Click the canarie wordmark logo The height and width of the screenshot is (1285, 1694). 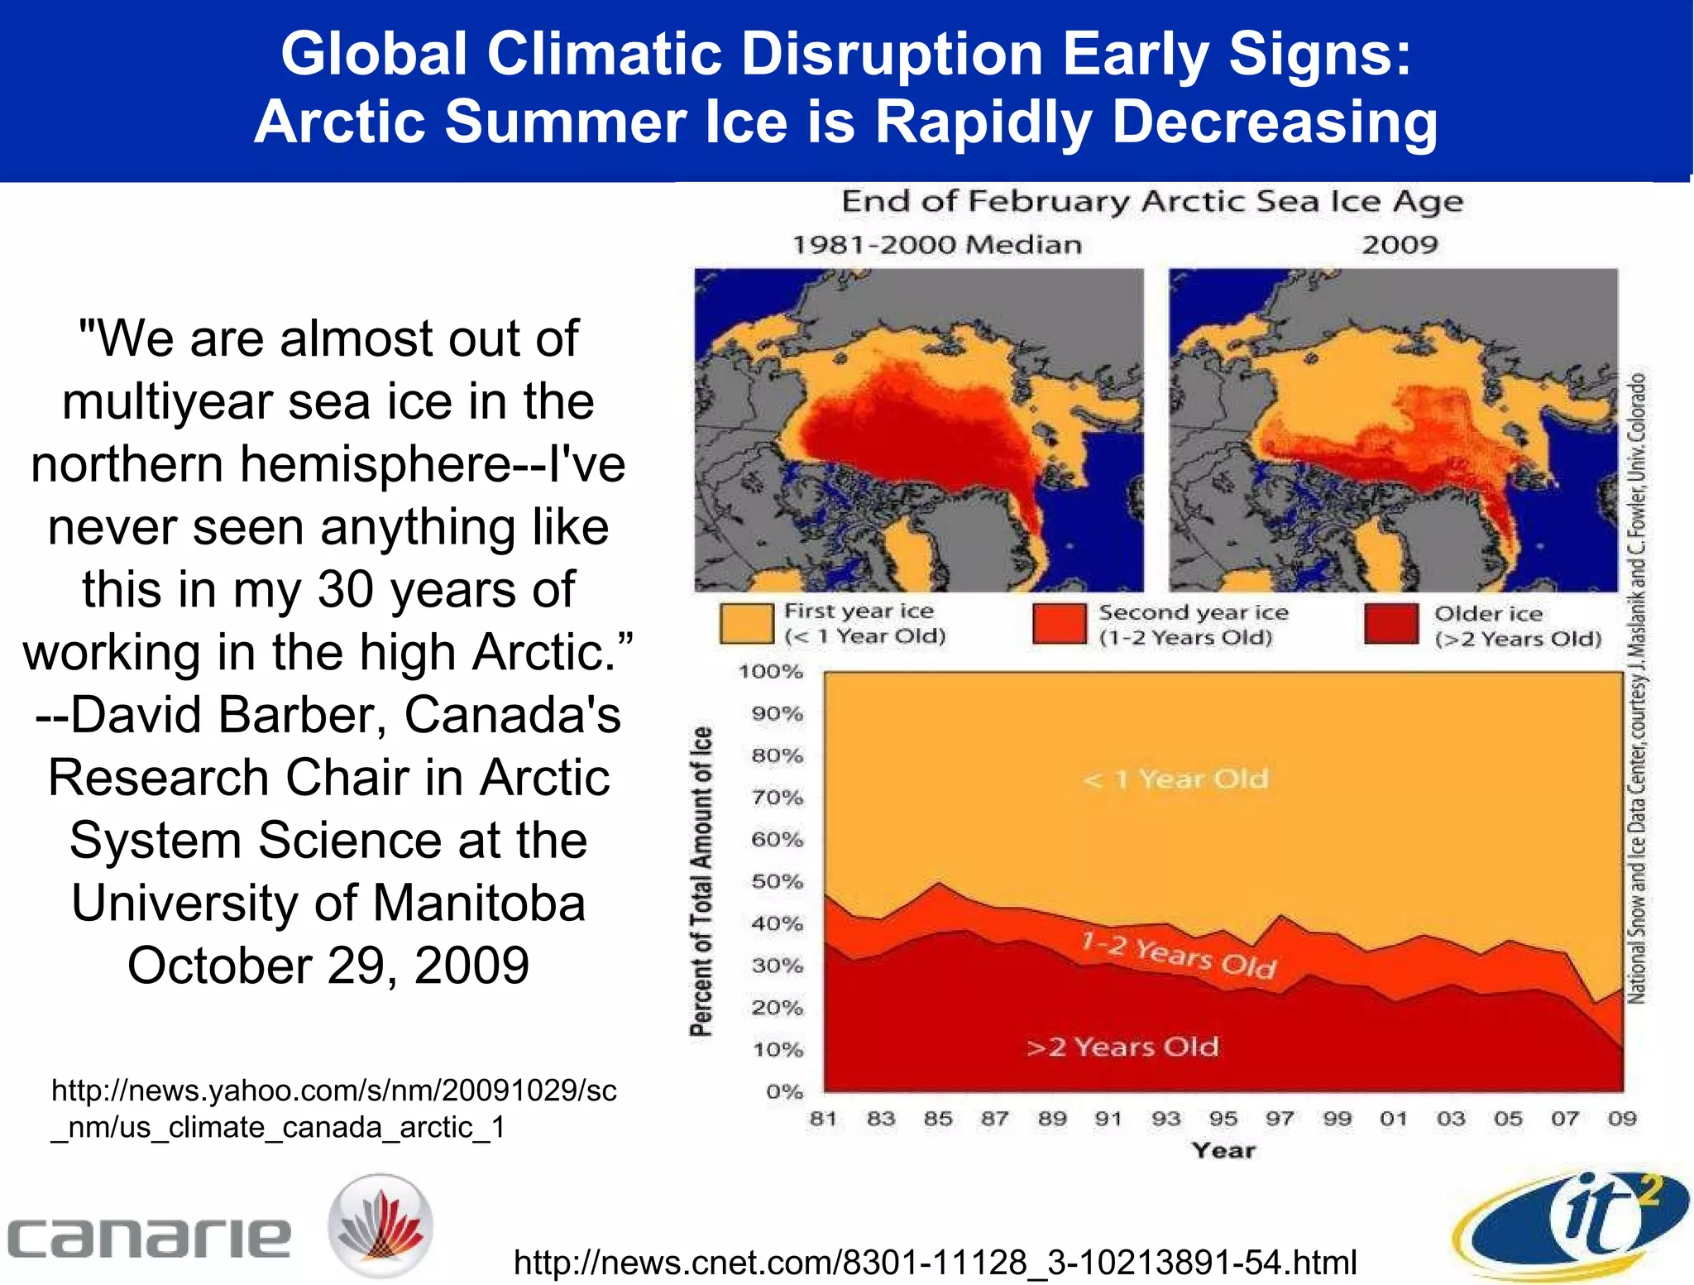click(x=149, y=1237)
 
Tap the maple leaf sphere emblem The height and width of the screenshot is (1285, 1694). click(x=380, y=1225)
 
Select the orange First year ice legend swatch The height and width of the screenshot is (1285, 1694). click(x=746, y=624)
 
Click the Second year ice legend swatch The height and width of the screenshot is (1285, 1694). click(x=1059, y=624)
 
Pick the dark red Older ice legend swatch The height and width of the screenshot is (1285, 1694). click(x=1391, y=625)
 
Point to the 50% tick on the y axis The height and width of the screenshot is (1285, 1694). click(x=777, y=881)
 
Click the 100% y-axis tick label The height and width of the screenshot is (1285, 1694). click(x=770, y=672)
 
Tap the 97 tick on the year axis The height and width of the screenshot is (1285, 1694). click(x=1280, y=1119)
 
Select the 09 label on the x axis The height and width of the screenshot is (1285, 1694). click(x=1622, y=1119)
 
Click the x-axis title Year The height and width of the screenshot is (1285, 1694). click(x=1223, y=1150)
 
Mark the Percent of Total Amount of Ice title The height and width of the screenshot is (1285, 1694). click(x=701, y=881)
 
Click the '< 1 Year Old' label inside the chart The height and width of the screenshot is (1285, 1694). click(x=1175, y=779)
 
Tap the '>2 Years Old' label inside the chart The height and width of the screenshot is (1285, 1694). click(x=1122, y=1047)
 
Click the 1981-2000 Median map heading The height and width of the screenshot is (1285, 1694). click(x=937, y=245)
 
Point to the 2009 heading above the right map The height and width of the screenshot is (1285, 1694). click(x=1400, y=245)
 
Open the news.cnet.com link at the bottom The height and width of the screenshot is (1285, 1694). click(x=935, y=1263)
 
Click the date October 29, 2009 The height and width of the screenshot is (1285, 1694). click(x=328, y=966)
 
